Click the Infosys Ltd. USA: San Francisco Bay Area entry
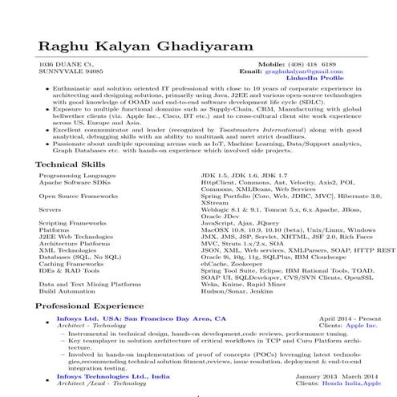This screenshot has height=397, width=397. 136,318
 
